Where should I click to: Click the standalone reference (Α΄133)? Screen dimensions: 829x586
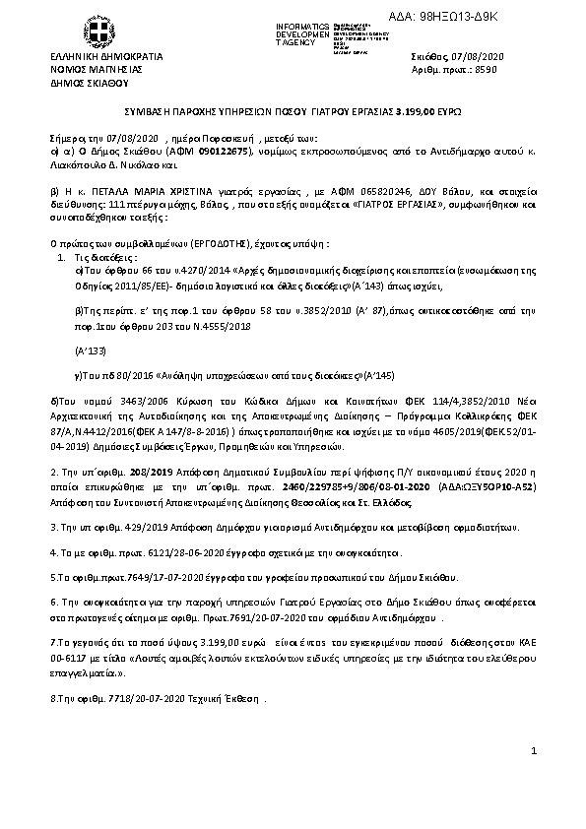pyautogui.click(x=91, y=350)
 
